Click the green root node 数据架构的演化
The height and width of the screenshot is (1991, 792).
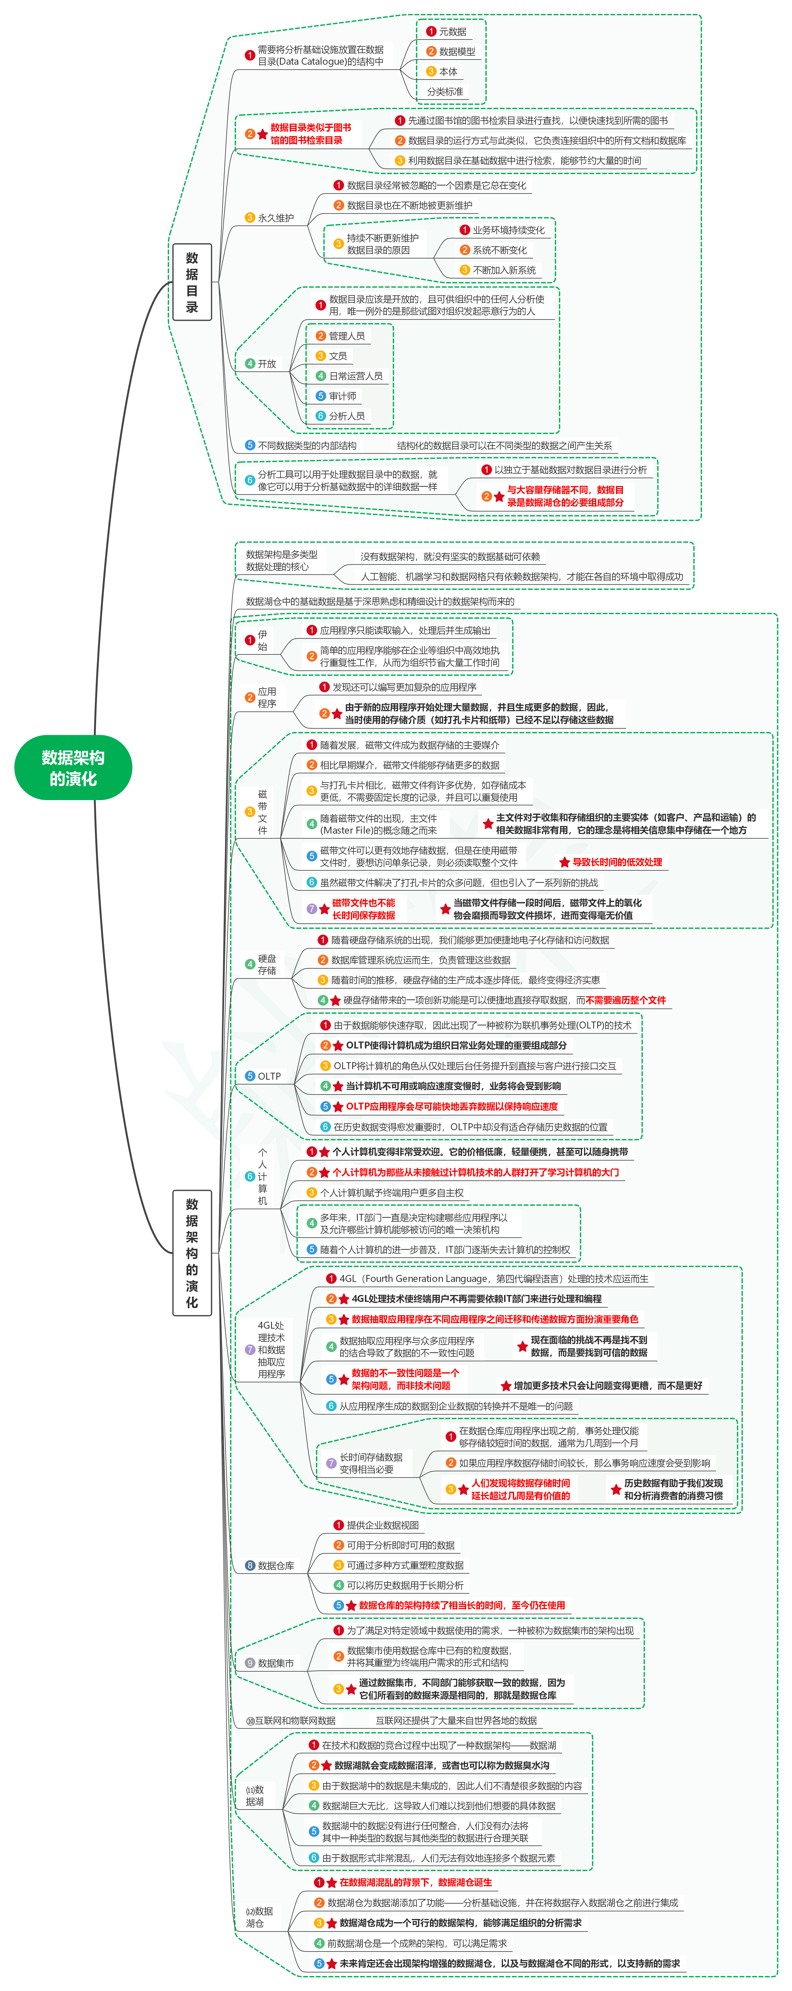pyautogui.click(x=74, y=767)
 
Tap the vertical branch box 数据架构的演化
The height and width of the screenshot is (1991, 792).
pyautogui.click(x=192, y=1252)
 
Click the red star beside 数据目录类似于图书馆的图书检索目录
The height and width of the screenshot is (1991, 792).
pyautogui.click(x=263, y=134)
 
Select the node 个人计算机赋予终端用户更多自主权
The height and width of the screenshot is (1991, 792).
pyautogui.click(x=391, y=1193)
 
